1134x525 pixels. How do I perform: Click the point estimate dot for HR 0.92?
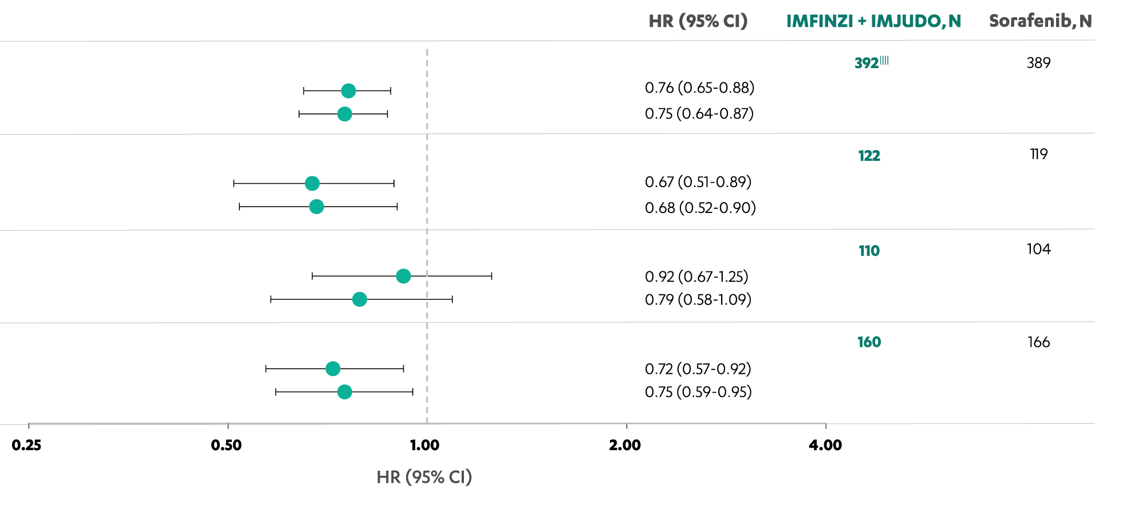[403, 276]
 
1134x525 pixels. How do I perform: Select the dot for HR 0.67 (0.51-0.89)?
[312, 183]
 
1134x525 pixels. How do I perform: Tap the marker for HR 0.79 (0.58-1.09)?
[360, 299]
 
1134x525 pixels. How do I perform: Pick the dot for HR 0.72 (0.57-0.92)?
[333, 369]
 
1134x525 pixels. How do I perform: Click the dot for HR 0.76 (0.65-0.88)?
[348, 90]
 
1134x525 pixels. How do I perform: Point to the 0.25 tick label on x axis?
[26, 445]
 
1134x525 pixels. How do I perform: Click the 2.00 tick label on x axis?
[625, 445]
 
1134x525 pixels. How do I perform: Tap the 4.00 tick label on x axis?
[825, 445]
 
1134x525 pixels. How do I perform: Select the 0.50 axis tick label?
[226, 445]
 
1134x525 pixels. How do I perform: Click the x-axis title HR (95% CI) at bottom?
[424, 477]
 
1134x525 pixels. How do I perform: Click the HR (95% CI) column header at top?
[698, 21]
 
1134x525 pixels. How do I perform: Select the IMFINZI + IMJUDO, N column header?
[873, 21]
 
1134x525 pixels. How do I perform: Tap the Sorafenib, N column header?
[1040, 21]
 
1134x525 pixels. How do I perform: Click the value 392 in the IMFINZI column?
[867, 63]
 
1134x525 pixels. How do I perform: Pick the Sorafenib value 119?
[1038, 154]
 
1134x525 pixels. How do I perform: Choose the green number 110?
[869, 251]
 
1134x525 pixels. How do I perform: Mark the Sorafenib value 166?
[1038, 342]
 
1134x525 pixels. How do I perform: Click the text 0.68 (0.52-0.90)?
[700, 208]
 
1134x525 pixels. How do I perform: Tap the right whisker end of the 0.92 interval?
[491, 276]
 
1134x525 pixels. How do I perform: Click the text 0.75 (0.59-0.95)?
[698, 392]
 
